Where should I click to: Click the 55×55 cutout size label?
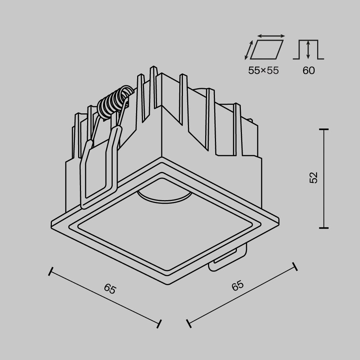263,70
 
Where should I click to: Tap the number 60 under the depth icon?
309,70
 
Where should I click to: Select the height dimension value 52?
314,178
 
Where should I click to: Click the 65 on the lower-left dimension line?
110,289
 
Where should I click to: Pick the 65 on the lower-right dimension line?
238,286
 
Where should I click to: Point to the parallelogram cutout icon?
267,49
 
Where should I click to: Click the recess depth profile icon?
308,50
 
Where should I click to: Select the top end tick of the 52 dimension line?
324,129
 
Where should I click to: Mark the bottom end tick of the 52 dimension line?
324,228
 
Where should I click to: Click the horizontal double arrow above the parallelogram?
271,36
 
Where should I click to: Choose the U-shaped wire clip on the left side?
99,169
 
